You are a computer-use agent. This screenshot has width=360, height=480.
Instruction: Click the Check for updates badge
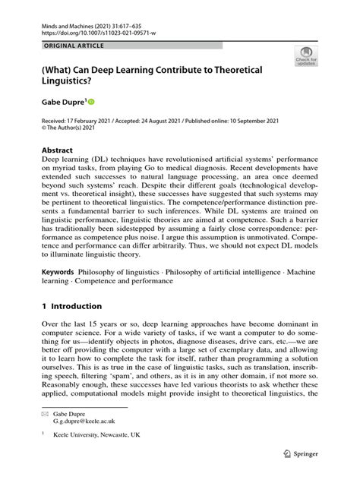(x=306, y=55)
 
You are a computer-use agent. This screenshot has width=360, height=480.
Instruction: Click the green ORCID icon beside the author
(x=92, y=101)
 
